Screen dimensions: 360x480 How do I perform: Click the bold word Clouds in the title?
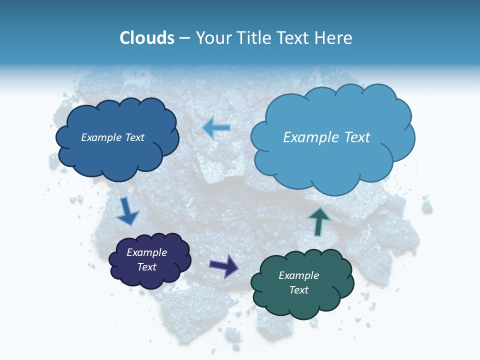coord(146,38)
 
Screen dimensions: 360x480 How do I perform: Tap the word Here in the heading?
coord(334,38)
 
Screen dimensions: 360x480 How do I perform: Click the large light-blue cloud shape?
coord(330,165)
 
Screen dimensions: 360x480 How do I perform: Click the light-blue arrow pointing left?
coord(216,128)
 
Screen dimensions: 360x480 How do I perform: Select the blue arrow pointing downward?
coord(127,211)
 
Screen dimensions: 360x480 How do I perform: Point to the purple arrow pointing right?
coord(224,265)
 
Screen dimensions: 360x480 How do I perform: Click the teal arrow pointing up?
coord(319,221)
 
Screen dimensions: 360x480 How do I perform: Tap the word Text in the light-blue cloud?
coord(357,137)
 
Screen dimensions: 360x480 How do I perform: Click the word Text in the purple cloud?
coord(146,267)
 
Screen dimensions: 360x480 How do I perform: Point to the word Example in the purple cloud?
coord(146,252)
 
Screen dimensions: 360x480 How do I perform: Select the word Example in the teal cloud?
coord(298,275)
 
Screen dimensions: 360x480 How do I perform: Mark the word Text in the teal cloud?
coord(298,290)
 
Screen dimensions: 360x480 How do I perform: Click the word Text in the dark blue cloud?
coord(134,137)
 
